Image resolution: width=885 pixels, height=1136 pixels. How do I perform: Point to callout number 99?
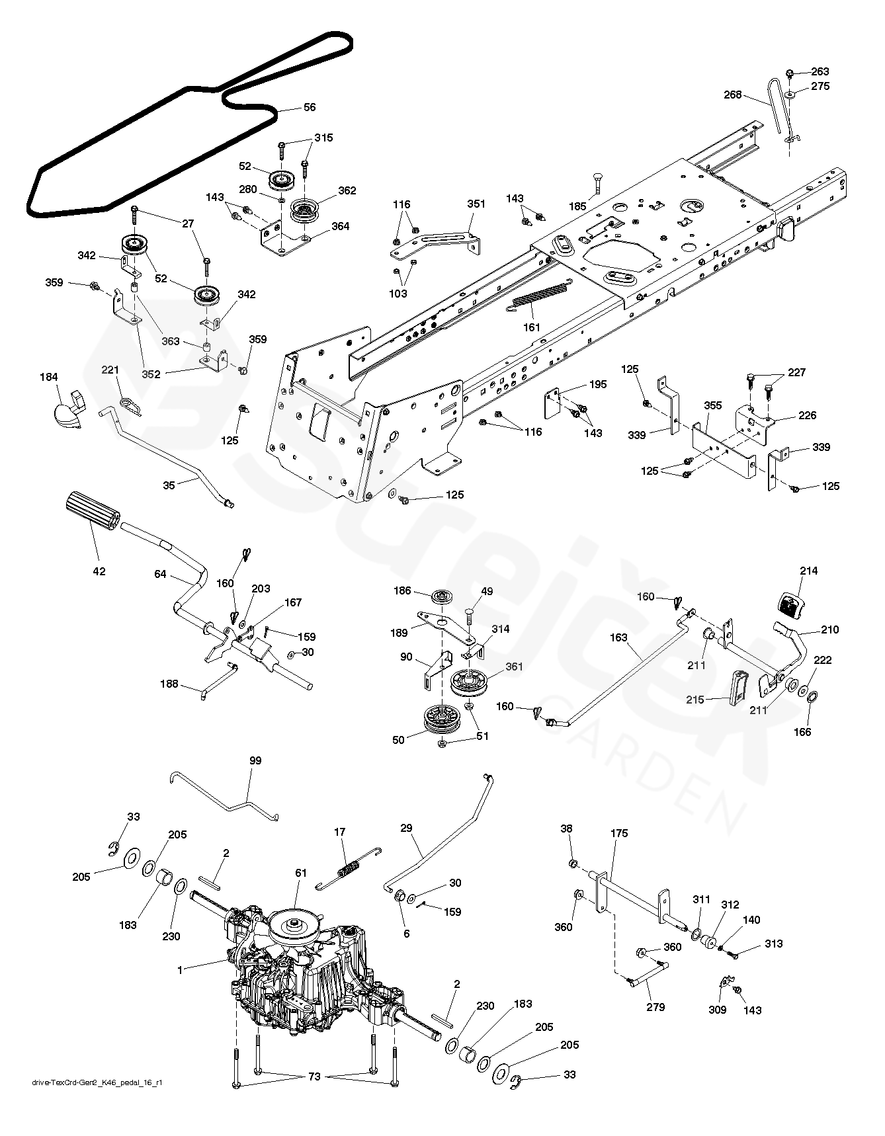coord(255,761)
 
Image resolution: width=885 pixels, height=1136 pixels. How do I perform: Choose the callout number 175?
coord(620,834)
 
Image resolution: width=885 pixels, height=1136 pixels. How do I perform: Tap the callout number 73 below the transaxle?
coord(314,1076)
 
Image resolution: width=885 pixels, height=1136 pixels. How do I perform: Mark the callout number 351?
coord(476,204)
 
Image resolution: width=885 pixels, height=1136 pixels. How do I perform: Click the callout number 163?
coord(619,639)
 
